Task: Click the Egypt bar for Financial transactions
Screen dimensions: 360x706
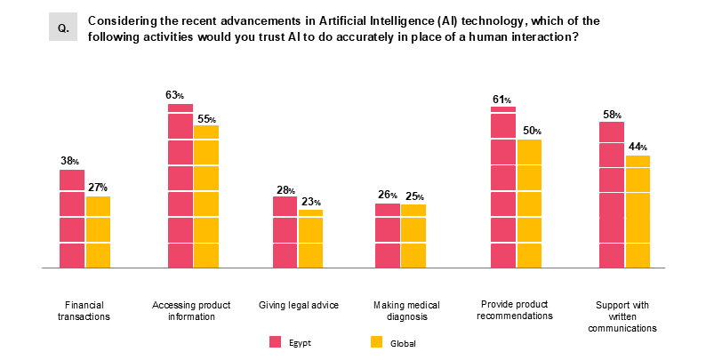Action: [72, 219]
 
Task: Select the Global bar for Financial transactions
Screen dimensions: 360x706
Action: [98, 232]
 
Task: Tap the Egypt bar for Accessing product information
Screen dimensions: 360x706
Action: [181, 186]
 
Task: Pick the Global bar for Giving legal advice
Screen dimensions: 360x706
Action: [310, 238]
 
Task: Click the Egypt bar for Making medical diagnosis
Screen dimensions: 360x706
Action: [388, 236]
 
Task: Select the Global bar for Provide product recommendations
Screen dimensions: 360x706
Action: [528, 204]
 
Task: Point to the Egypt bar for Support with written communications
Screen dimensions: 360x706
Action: [611, 195]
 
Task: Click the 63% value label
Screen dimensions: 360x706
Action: [174, 95]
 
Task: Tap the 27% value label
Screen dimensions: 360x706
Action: [98, 188]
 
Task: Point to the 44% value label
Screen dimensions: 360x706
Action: [637, 147]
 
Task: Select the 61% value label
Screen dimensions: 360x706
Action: [502, 99]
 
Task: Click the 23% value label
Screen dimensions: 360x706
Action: [310, 202]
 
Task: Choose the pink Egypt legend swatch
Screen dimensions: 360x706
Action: [276, 342]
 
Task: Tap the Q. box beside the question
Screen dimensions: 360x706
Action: [64, 28]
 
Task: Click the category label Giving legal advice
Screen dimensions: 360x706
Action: [299, 305]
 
